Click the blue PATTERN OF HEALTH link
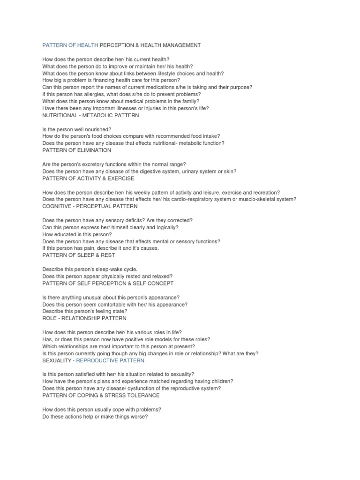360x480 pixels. (x=70, y=45)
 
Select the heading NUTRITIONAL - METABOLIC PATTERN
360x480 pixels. (x=90, y=115)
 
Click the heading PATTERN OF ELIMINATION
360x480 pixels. (x=77, y=150)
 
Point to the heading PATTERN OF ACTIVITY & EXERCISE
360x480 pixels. (x=88, y=178)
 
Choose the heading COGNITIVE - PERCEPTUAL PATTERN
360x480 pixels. (x=90, y=206)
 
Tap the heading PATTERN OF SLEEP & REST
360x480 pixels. (x=78, y=255)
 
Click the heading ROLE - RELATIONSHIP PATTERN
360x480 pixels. (x=84, y=318)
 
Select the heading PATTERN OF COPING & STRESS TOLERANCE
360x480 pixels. (x=101, y=395)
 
